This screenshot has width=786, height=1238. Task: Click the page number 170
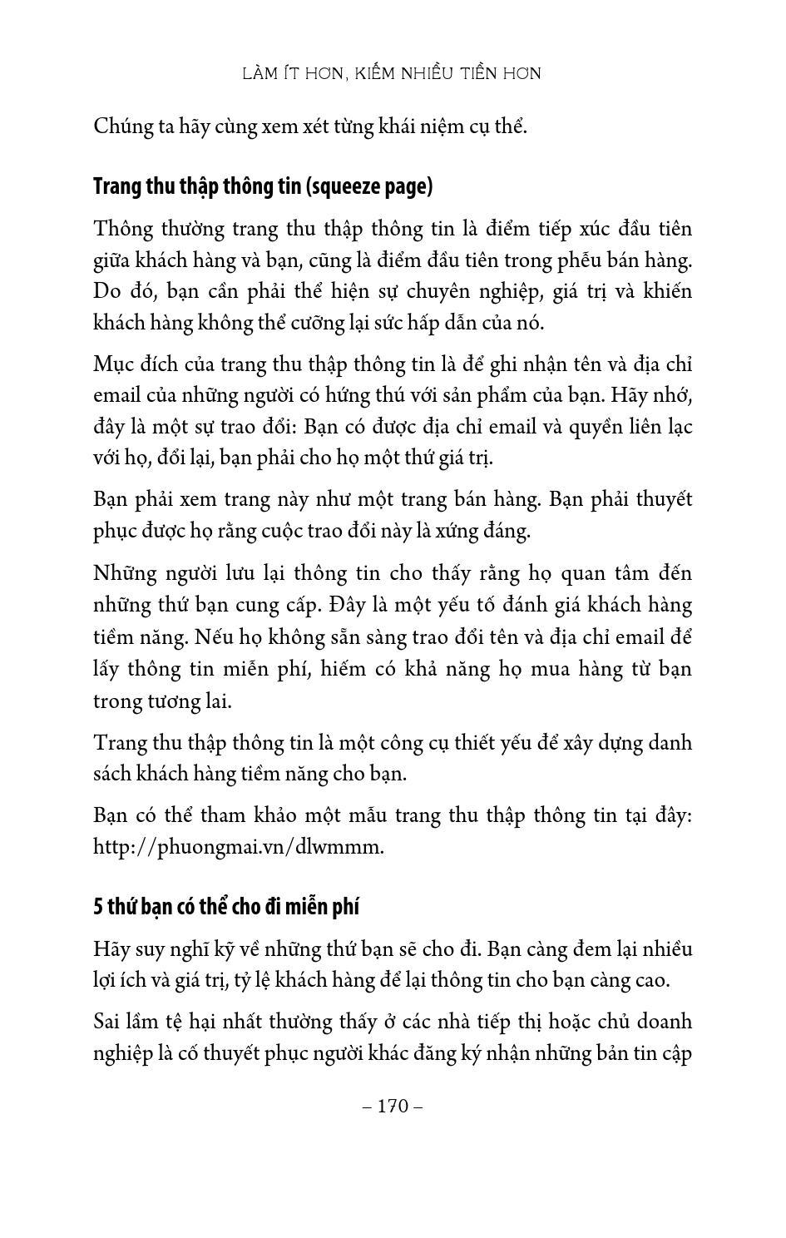click(x=393, y=1106)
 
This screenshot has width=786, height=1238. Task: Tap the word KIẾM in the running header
click(x=377, y=74)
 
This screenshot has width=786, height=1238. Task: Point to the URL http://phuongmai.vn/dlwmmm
click(x=239, y=847)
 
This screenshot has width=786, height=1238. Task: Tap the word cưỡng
click(x=309, y=323)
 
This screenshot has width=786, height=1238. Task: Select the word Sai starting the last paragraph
click(x=109, y=1022)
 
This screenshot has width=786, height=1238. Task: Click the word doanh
click(x=663, y=1022)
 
